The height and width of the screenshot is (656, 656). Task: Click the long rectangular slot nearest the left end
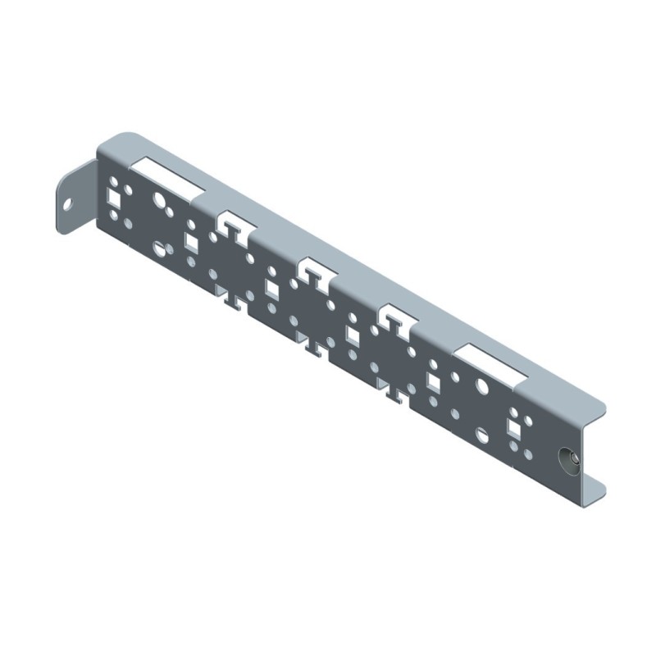point(172,175)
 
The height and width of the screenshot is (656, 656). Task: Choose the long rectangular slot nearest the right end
point(491,364)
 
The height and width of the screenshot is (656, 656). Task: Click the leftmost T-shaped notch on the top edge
point(233,227)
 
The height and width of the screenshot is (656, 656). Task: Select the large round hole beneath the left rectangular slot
point(159,198)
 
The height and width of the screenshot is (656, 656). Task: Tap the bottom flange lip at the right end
point(594,490)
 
